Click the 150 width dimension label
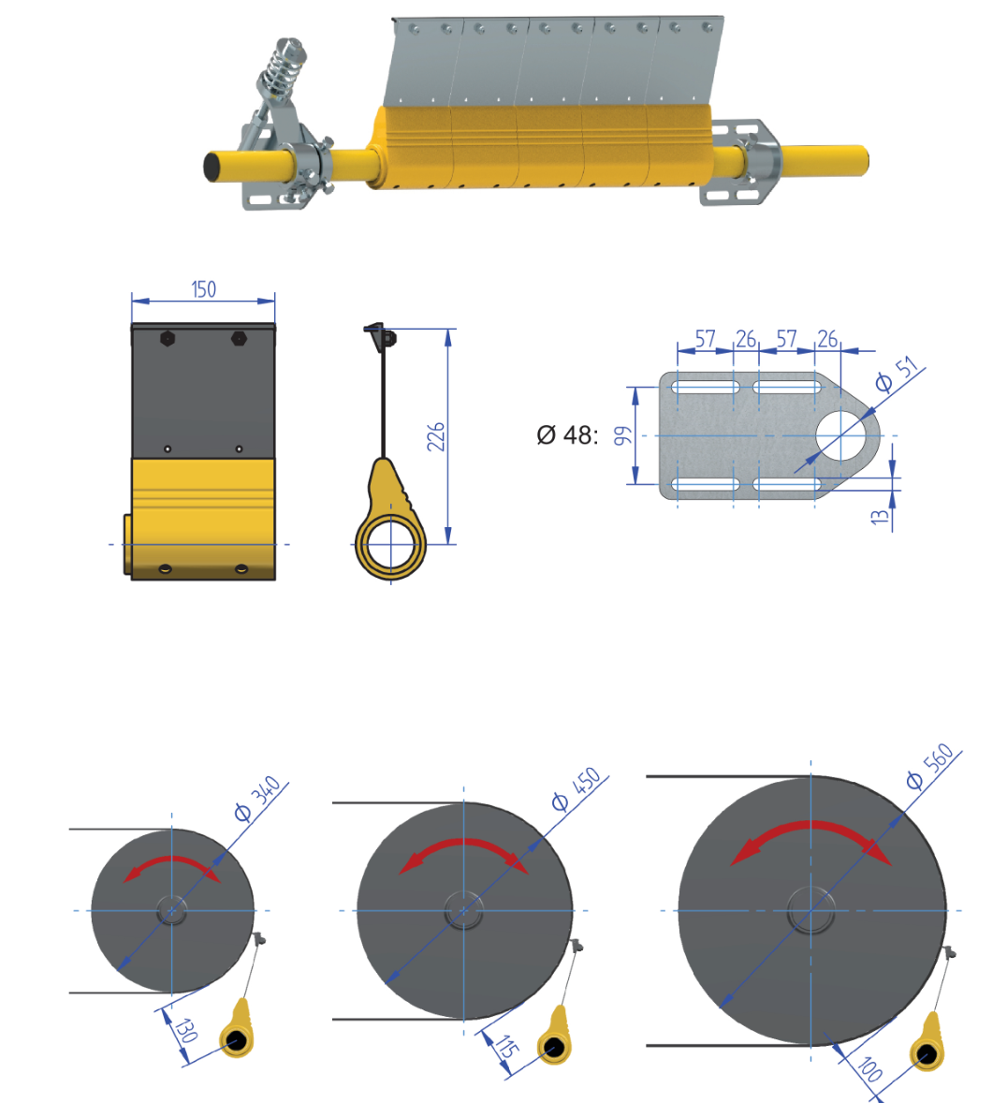click(203, 289)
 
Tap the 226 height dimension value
click(436, 437)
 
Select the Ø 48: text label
click(567, 434)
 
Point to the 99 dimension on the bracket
click(621, 435)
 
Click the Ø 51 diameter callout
click(898, 375)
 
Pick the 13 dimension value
click(880, 516)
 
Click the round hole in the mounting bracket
click(841, 436)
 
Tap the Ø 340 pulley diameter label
click(257, 799)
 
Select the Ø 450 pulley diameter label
click(576, 788)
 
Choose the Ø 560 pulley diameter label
click(929, 766)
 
